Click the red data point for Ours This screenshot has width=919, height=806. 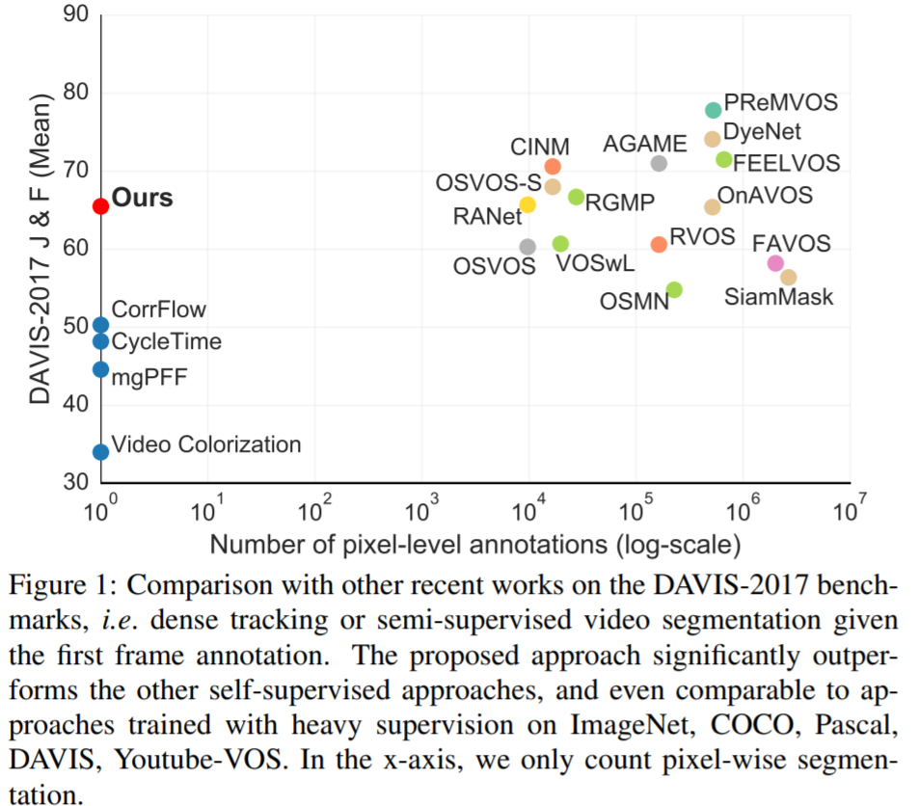coord(100,205)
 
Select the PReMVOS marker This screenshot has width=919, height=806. coord(713,110)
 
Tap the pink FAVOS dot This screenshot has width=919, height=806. coord(775,263)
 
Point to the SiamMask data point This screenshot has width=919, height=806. coord(788,278)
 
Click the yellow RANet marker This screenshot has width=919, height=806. coord(527,204)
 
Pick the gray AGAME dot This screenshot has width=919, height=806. coord(659,164)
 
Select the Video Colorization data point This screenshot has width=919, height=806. coord(100,451)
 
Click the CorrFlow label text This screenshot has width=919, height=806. coord(159,310)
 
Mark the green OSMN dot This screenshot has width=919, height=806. coord(674,289)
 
